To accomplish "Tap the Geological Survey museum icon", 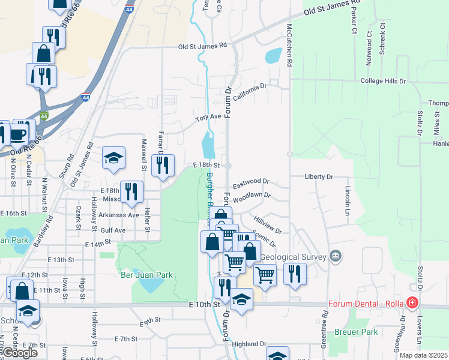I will click(336, 256).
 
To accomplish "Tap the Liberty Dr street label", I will click(319, 177).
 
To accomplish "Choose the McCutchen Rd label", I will click(289, 45).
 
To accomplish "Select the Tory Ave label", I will click(209, 118).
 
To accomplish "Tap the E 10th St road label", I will click(200, 305).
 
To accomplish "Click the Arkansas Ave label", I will click(119, 215).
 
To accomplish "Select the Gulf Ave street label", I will click(113, 230).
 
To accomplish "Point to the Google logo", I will click(20, 353).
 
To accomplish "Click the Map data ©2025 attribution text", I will click(424, 355).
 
